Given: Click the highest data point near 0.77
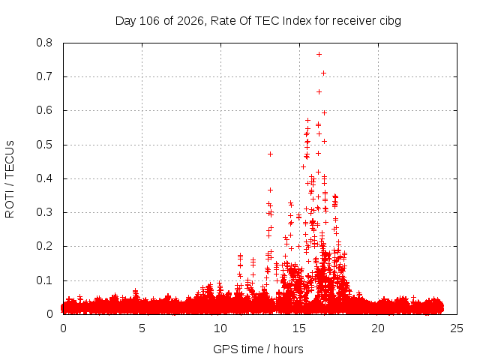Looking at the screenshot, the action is pyautogui.click(x=319, y=55).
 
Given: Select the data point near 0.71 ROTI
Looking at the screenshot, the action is pyautogui.click(x=323, y=73).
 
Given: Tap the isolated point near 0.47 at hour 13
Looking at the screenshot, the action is pyautogui.click(x=270, y=154).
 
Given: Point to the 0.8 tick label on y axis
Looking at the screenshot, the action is pyautogui.click(x=44, y=43).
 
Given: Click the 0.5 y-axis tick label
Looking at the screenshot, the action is pyautogui.click(x=44, y=145).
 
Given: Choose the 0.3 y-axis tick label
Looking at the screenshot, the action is pyautogui.click(x=44, y=212).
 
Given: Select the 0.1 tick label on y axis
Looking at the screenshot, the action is pyautogui.click(x=44, y=280).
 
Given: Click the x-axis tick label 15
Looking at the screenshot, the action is pyautogui.click(x=299, y=328).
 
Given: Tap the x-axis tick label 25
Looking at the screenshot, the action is pyautogui.click(x=457, y=328).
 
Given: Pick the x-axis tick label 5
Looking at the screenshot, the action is pyautogui.click(x=142, y=328).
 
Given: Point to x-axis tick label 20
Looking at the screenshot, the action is pyautogui.click(x=378, y=328).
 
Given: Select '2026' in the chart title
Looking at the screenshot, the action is pyautogui.click(x=190, y=21).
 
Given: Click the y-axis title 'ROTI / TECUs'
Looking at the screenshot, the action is pyautogui.click(x=10, y=179).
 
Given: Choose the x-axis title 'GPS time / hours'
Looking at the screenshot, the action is pyautogui.click(x=258, y=349).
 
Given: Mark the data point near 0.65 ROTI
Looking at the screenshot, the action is pyautogui.click(x=319, y=91).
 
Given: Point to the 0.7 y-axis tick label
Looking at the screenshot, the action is pyautogui.click(x=44, y=76).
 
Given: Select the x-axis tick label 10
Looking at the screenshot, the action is pyautogui.click(x=220, y=328).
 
